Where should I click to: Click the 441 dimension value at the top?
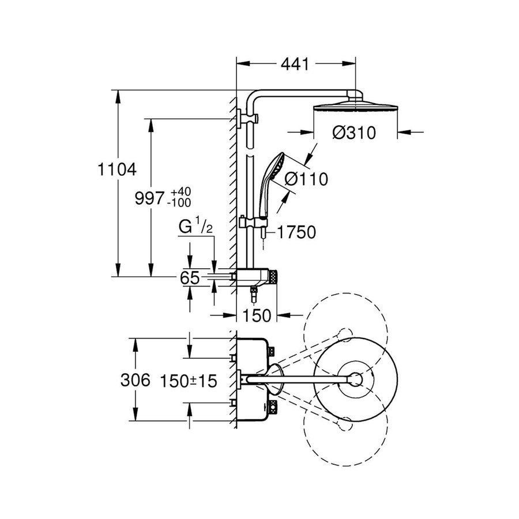point(295,64)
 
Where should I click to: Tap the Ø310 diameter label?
point(354,133)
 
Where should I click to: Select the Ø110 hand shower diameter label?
point(306,179)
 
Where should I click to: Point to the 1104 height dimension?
point(116,170)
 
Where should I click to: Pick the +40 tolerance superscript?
point(180,191)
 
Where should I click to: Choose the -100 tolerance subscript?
point(180,203)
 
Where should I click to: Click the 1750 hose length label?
point(297,232)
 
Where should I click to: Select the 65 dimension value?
point(190,278)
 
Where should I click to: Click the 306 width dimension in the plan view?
point(136,380)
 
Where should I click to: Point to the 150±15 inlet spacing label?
point(187,380)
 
